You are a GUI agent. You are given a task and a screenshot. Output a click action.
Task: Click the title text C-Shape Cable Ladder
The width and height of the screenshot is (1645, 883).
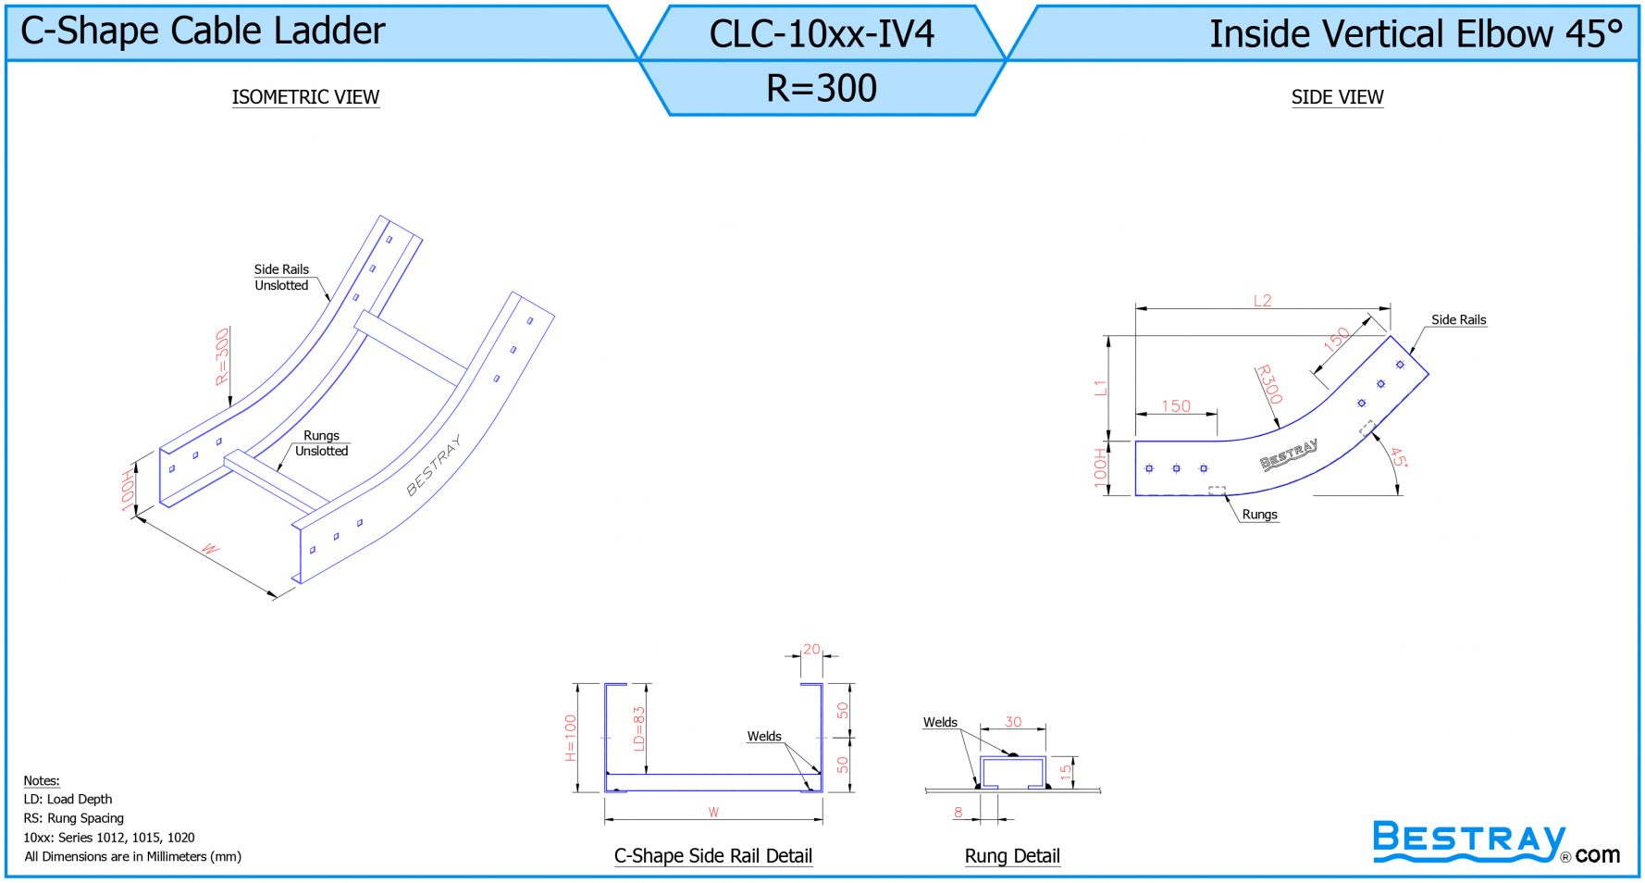click(203, 31)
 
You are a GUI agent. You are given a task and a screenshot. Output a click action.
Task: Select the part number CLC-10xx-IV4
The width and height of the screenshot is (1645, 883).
click(822, 34)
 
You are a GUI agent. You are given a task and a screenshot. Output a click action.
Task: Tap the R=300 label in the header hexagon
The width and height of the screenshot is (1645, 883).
click(822, 88)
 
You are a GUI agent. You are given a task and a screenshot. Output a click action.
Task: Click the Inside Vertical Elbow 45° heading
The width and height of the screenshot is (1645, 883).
click(1416, 34)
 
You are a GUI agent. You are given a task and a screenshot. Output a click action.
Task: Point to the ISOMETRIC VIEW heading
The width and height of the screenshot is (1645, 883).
click(305, 97)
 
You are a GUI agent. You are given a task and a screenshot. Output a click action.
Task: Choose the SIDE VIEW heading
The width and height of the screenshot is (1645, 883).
click(1337, 97)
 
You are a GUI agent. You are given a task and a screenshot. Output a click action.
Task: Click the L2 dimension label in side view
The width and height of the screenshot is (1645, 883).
click(1263, 300)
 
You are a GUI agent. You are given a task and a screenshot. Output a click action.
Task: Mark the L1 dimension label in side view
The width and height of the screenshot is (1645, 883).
click(1100, 388)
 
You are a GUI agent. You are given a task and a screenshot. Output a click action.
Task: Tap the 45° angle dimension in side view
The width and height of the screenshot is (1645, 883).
click(1399, 458)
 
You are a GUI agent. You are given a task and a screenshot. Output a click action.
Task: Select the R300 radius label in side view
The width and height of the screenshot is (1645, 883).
click(1269, 384)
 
